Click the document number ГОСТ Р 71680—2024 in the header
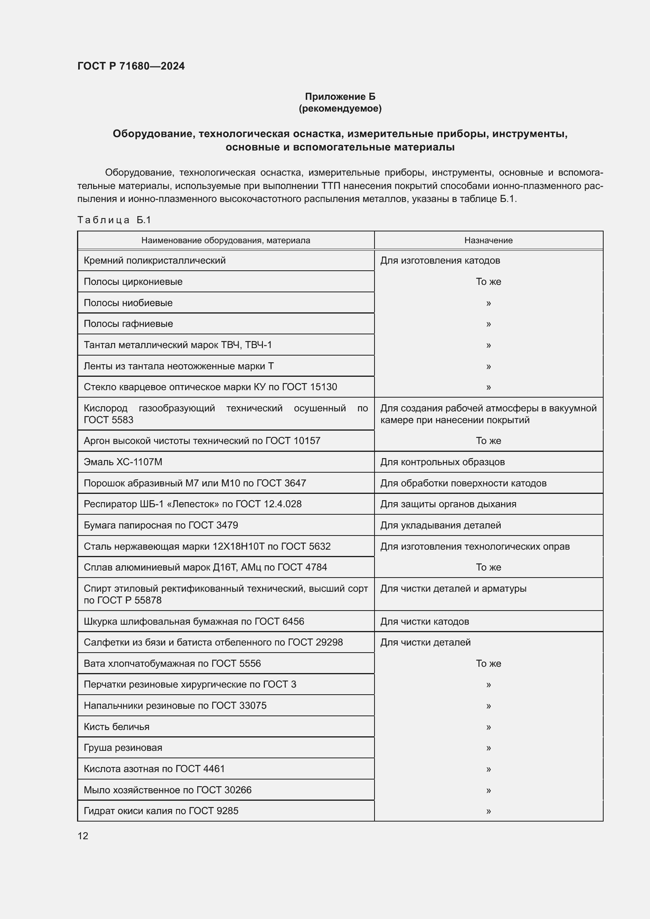point(131,66)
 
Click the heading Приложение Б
point(340,97)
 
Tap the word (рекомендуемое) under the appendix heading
point(340,108)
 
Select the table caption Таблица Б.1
point(114,220)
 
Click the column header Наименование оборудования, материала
point(225,240)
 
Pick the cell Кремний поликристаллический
point(154,260)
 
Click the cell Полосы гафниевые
point(128,324)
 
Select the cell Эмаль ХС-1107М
point(123,462)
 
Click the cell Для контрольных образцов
point(442,462)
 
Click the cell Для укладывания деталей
point(440,525)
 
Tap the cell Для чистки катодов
point(424,622)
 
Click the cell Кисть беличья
point(116,727)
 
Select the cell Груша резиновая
point(123,748)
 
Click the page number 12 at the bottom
point(83,836)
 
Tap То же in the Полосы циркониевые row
point(488,282)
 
